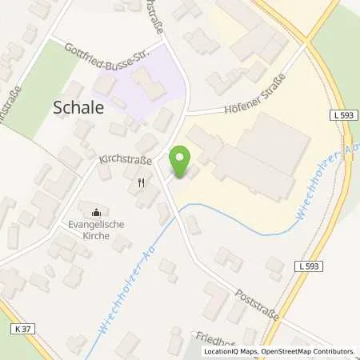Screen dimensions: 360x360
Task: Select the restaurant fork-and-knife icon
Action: pos(142,182)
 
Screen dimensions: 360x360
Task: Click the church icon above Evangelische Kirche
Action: pos(97,212)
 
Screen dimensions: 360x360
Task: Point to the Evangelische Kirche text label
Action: pos(97,230)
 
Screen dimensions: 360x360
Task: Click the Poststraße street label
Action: pos(258,305)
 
